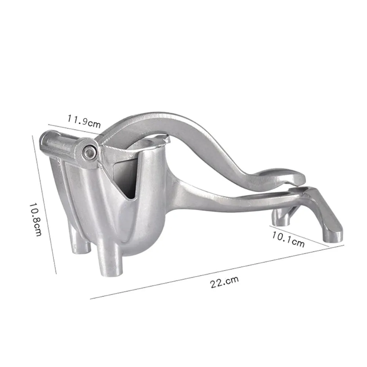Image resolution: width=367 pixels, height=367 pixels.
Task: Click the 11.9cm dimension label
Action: pos(84,121)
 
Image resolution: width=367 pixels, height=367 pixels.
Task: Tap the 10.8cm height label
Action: pos(36,219)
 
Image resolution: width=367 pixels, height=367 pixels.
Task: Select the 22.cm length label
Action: pos(224,282)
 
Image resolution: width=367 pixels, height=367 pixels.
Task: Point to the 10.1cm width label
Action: pos(288,239)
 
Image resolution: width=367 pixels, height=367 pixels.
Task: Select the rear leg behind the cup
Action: pos(81,246)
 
